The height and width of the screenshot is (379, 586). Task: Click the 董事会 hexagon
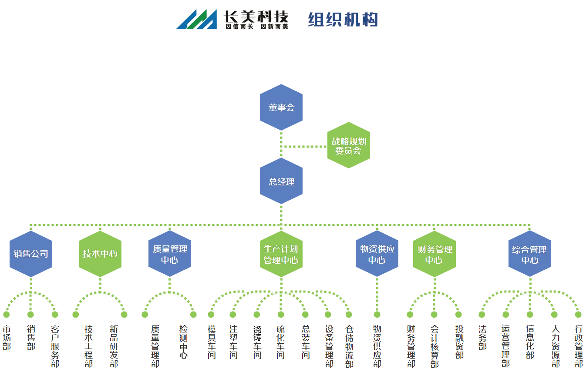click(x=281, y=107)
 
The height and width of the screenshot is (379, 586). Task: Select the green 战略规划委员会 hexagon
click(x=349, y=145)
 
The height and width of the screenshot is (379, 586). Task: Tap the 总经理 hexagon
click(x=281, y=181)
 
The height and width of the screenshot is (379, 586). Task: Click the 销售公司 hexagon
click(x=31, y=254)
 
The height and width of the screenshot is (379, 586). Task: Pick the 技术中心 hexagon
click(x=100, y=254)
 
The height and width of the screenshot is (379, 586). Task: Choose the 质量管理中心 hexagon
click(x=170, y=254)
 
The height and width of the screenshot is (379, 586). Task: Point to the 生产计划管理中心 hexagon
click(x=281, y=254)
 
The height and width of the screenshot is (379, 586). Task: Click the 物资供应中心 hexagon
click(x=377, y=254)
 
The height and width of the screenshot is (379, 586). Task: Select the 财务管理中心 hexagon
click(x=434, y=254)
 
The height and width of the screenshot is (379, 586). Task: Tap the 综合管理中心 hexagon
click(x=530, y=254)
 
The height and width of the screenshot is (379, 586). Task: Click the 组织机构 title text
click(x=343, y=19)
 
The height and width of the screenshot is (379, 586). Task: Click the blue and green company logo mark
click(x=197, y=19)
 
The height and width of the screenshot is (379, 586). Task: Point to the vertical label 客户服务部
click(x=55, y=346)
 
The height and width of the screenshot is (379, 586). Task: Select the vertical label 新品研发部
click(x=114, y=346)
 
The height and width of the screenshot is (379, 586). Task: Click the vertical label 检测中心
click(x=183, y=342)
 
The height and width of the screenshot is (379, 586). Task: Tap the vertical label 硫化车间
click(x=280, y=342)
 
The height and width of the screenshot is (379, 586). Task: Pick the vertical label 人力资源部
click(x=556, y=346)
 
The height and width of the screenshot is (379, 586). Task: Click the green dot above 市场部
click(x=6, y=315)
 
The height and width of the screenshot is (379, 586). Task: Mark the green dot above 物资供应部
click(x=377, y=315)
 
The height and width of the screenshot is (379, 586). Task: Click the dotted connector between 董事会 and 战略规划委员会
click(x=304, y=147)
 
